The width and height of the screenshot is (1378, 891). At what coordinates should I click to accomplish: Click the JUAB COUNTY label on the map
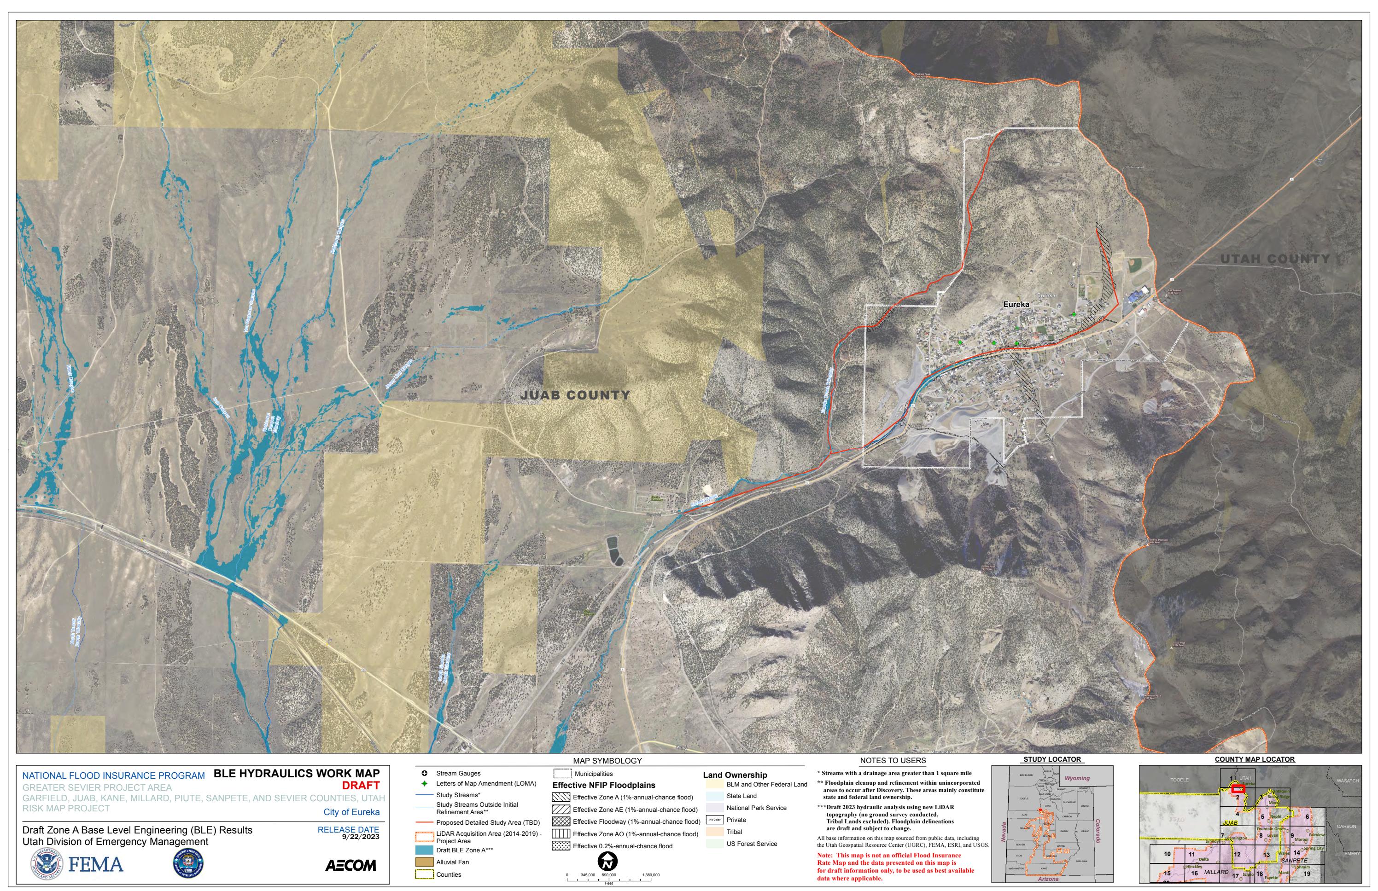click(575, 395)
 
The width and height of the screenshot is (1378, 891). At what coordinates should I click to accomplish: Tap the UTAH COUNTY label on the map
click(1275, 259)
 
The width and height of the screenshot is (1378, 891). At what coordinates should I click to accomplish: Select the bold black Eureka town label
click(1016, 304)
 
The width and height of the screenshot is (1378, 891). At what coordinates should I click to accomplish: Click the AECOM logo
click(350, 866)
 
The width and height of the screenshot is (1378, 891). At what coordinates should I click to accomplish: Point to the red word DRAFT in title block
click(361, 786)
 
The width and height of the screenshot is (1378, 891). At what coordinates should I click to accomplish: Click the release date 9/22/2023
click(360, 837)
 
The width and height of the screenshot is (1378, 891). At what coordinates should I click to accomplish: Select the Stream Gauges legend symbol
click(424, 774)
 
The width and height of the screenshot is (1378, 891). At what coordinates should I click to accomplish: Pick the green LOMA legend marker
click(424, 784)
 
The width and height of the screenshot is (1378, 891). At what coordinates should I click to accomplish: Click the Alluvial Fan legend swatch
click(424, 862)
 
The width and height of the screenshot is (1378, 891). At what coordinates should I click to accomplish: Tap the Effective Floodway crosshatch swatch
click(561, 822)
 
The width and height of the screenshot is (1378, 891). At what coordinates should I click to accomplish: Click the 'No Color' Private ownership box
click(714, 820)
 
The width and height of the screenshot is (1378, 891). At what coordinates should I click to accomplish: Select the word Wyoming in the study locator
click(1077, 778)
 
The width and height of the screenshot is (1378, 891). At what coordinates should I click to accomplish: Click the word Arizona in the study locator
click(1048, 879)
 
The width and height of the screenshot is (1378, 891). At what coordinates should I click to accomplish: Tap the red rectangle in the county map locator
click(1238, 788)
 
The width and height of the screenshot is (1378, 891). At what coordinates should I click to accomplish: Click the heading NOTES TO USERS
click(893, 761)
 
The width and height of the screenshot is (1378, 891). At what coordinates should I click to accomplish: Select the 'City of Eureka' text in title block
click(351, 812)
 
